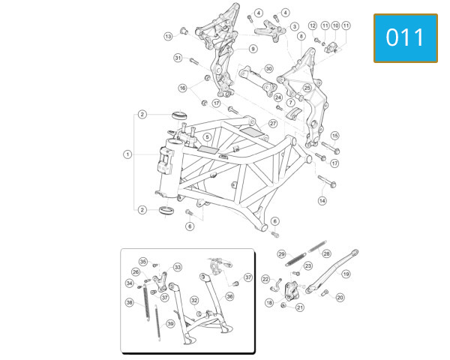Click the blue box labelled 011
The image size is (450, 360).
point(406,38)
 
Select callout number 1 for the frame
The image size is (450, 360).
point(127,154)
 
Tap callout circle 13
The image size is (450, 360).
point(169,37)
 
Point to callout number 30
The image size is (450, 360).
point(269,69)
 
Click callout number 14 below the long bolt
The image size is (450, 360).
point(322,201)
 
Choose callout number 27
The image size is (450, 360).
point(273,124)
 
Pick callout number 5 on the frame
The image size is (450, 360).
point(207,137)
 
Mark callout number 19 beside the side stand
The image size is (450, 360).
point(346,274)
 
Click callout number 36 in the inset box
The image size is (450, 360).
point(230,296)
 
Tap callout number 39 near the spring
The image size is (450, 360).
point(171,324)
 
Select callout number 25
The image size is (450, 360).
point(307,88)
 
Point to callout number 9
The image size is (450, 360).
point(253,49)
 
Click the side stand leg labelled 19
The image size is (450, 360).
point(331,271)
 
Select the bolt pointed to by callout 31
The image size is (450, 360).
point(194,61)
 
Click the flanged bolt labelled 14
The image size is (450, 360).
point(327,181)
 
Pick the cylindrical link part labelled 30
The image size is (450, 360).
point(258,81)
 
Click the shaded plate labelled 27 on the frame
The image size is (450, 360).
point(252,132)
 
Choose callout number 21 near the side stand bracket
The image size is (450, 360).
point(300,307)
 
